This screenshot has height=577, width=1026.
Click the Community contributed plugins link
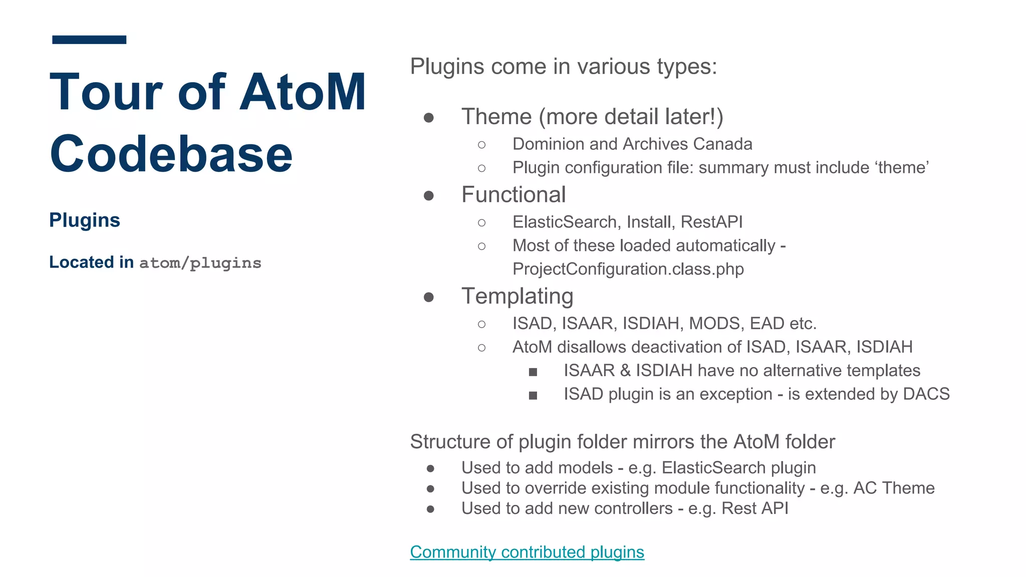527,552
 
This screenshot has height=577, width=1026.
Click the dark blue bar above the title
89,40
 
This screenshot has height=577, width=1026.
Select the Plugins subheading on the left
85,220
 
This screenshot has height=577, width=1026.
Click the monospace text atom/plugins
200,263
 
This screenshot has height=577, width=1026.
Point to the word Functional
514,195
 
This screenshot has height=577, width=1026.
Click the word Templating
517,296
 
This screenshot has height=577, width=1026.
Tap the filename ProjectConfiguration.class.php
628,269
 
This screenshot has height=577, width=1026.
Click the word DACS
926,394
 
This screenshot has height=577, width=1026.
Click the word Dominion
549,144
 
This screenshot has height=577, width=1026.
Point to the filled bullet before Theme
428,118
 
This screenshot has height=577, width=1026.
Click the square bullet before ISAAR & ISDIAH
533,372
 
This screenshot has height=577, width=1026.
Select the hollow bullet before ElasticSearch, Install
481,222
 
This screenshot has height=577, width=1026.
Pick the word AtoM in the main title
303,92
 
